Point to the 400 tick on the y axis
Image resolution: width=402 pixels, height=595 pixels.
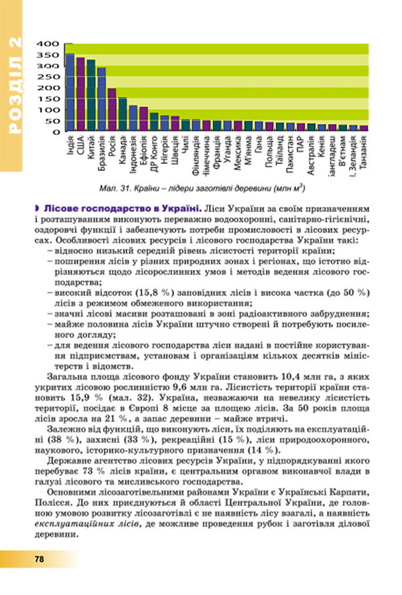point(51,44)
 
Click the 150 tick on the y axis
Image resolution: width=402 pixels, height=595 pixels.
point(51,99)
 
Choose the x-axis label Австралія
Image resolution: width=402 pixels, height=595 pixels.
point(311,155)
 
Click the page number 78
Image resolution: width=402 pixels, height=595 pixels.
point(40,559)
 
